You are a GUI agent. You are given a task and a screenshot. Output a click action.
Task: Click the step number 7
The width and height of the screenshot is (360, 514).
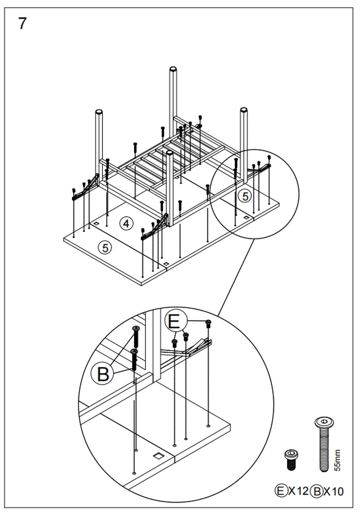click(22, 23)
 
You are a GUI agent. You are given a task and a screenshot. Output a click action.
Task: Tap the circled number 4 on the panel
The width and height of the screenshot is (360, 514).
click(126, 223)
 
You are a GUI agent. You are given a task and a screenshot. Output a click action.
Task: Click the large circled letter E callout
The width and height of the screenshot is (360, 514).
click(174, 322)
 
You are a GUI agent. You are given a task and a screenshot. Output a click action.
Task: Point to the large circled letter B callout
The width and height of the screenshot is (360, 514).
click(103, 374)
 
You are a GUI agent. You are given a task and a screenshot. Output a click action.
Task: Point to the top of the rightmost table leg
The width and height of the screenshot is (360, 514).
click(244, 110)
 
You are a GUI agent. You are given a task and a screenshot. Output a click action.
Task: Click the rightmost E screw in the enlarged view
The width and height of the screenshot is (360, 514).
click(208, 323)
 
